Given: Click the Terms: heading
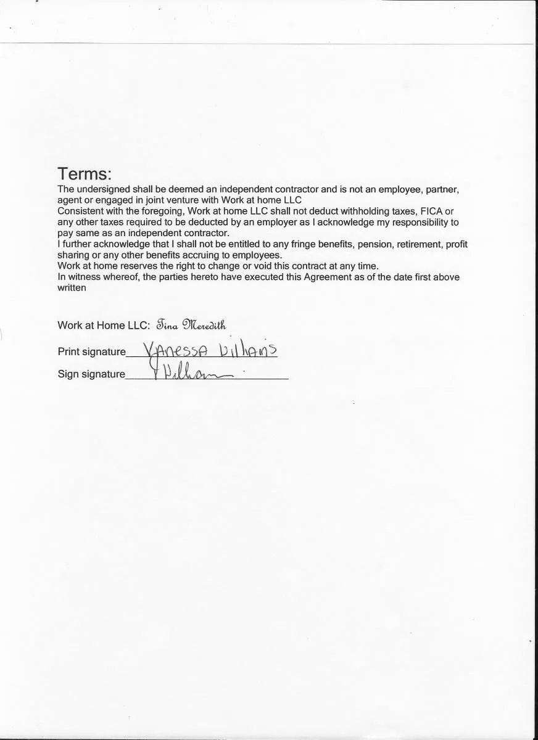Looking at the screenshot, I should coord(85,174).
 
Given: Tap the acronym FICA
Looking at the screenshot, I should coord(431,211).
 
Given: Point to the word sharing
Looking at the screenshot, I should coord(73,255).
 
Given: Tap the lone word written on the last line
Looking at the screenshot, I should coord(72,288).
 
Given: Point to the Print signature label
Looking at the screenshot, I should coord(91,351).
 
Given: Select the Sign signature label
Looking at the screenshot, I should coord(91,374).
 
